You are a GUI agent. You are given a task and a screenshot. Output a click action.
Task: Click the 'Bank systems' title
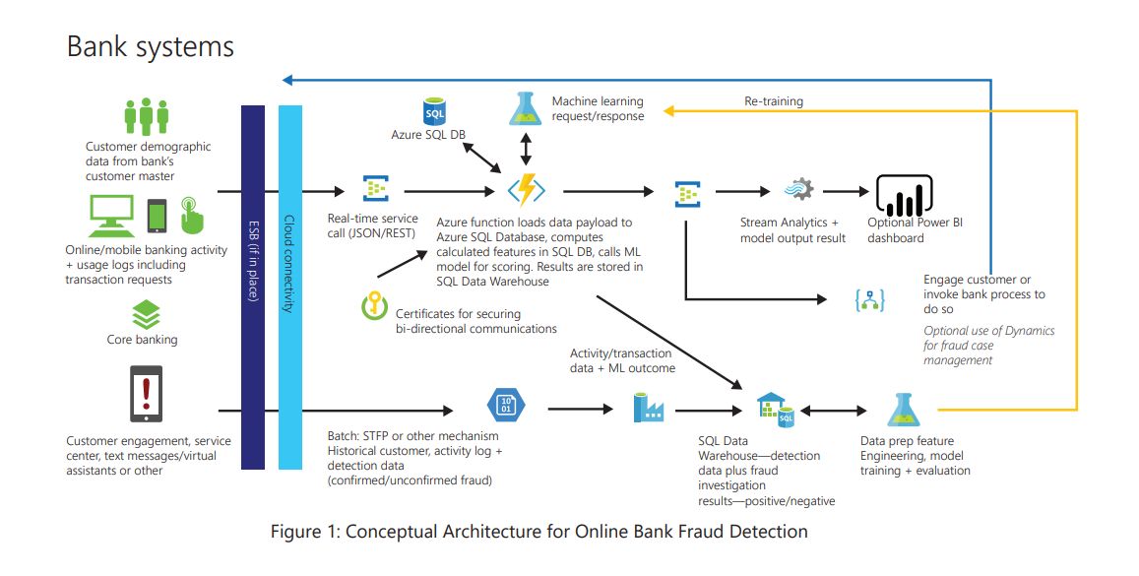coord(151,46)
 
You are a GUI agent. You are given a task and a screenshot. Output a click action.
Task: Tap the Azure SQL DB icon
coord(434,110)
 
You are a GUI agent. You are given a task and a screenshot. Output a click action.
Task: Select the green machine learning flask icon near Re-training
coord(526,107)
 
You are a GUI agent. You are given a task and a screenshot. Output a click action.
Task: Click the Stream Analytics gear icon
coord(798,191)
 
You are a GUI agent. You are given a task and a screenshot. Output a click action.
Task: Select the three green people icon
coord(147,116)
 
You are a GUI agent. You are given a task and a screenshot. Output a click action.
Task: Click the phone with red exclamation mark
coord(147,396)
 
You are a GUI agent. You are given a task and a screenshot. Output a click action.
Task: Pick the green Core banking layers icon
coord(146,315)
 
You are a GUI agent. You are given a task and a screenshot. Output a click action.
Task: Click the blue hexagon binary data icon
coord(507,406)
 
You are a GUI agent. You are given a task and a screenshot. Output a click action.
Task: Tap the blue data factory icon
coord(647,407)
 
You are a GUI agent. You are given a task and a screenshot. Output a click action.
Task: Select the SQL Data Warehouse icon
coord(775,409)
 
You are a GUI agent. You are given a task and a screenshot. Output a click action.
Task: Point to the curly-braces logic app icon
coord(868,299)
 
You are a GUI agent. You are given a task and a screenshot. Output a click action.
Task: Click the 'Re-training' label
coord(773,101)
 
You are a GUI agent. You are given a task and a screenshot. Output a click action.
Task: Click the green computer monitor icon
coord(111,214)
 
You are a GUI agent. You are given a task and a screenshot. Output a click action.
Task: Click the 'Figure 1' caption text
coord(539,532)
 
